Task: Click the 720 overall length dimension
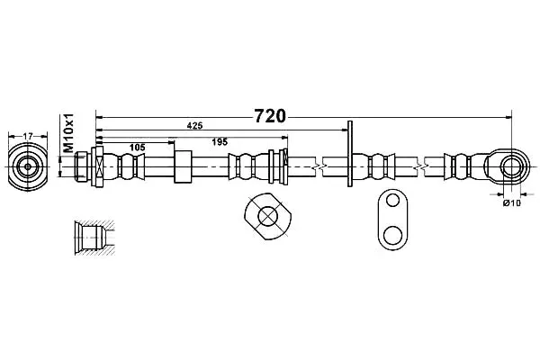point(270,116)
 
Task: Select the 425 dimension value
point(194,126)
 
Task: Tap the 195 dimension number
point(220,141)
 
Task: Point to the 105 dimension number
point(138,148)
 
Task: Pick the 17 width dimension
point(28,136)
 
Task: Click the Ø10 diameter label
point(512,203)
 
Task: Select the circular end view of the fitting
point(28,166)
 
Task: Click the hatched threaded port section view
point(94,237)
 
